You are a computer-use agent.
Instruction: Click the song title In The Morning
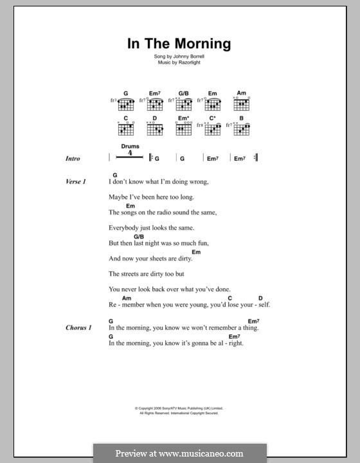point(179,44)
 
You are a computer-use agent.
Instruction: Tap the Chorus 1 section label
point(78,328)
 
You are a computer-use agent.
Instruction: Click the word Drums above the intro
point(130,147)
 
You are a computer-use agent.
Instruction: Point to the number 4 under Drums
point(130,154)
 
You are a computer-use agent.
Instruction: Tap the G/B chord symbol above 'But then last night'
point(121,237)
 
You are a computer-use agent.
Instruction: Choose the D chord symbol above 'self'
point(260,298)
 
